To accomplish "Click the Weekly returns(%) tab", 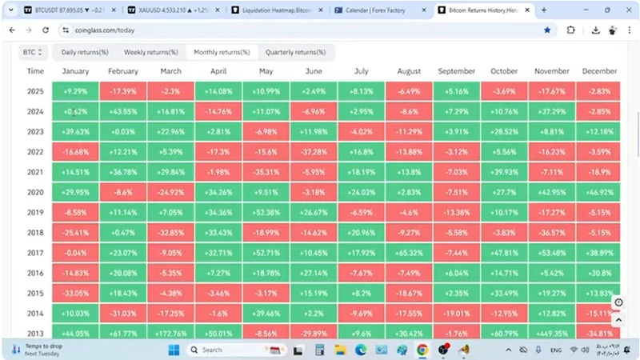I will tap(151, 52).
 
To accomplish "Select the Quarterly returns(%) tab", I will tap(295, 52).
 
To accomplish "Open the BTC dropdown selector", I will tap(33, 52).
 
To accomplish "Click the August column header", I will tap(408, 71).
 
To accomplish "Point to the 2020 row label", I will tap(35, 192).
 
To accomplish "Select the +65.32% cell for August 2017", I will tap(408, 253).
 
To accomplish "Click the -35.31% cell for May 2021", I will tap(265, 172).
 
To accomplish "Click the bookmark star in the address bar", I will tap(547, 30).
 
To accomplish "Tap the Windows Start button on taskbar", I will tap(174, 350).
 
